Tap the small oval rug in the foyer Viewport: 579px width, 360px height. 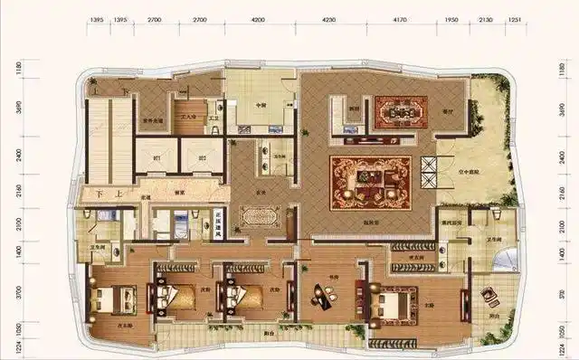pos(261,215)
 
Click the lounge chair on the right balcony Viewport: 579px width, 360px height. pos(489,296)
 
